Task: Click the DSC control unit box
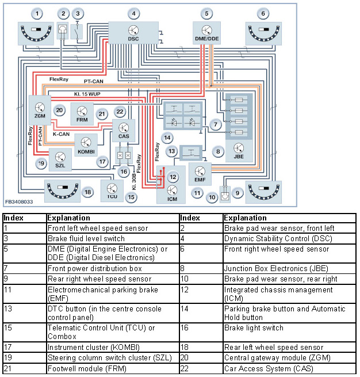point(133,33)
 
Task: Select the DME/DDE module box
point(206,33)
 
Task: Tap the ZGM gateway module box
point(40,110)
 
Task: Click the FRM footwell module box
point(82,114)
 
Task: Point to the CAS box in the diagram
point(124,131)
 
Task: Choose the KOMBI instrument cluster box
point(86,145)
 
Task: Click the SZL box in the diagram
point(60,159)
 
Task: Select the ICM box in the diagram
point(171,185)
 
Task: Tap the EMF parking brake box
point(200,174)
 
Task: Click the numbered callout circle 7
point(216,124)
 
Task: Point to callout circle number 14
point(167,138)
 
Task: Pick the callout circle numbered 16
point(124,172)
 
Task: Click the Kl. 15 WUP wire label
point(87,94)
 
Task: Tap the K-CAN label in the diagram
point(61,134)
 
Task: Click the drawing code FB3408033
point(19,201)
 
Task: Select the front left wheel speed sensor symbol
point(36,33)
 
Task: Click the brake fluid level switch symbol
point(77,31)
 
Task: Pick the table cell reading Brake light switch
point(254,328)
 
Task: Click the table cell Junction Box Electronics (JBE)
point(276,268)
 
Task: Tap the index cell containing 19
point(8,357)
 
